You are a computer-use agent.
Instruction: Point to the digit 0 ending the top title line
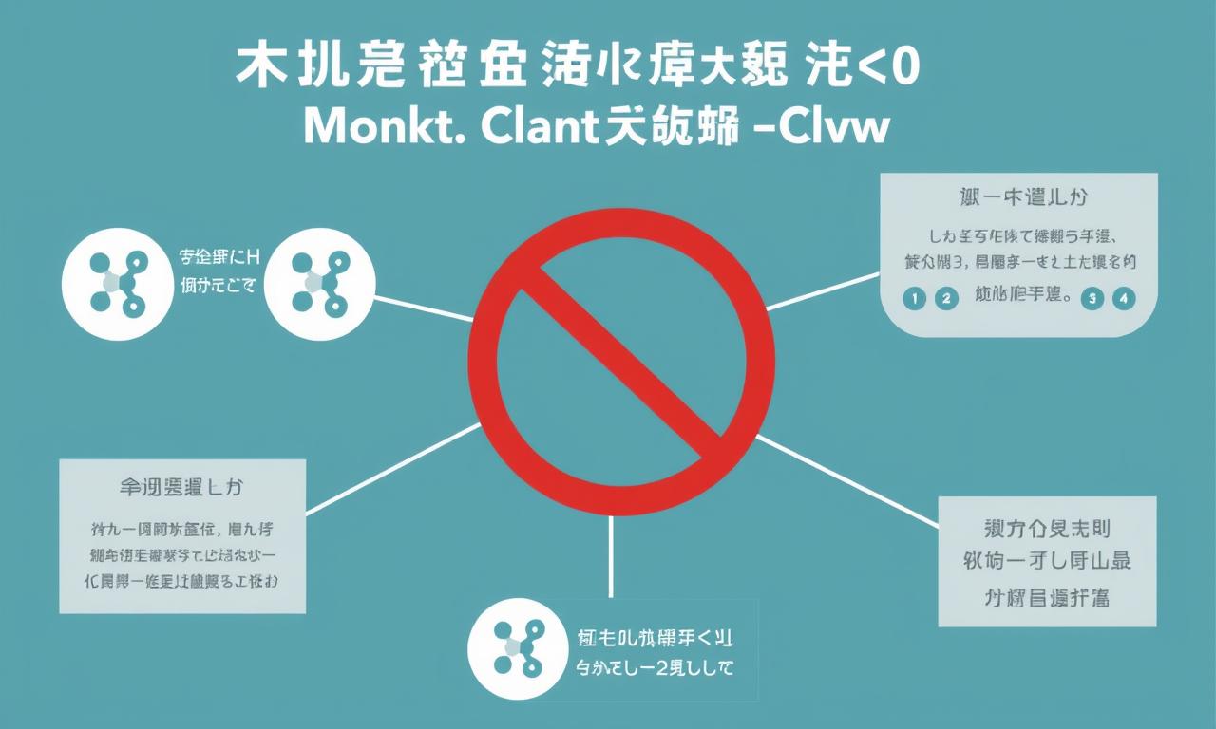(903, 67)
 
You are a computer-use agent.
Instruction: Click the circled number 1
(913, 298)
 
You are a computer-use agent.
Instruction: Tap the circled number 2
(945, 298)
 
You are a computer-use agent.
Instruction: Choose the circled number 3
(1092, 298)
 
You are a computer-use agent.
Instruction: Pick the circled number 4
(1125, 298)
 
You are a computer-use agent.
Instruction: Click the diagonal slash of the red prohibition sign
(621, 362)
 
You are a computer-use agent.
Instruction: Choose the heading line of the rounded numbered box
(1021, 198)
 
